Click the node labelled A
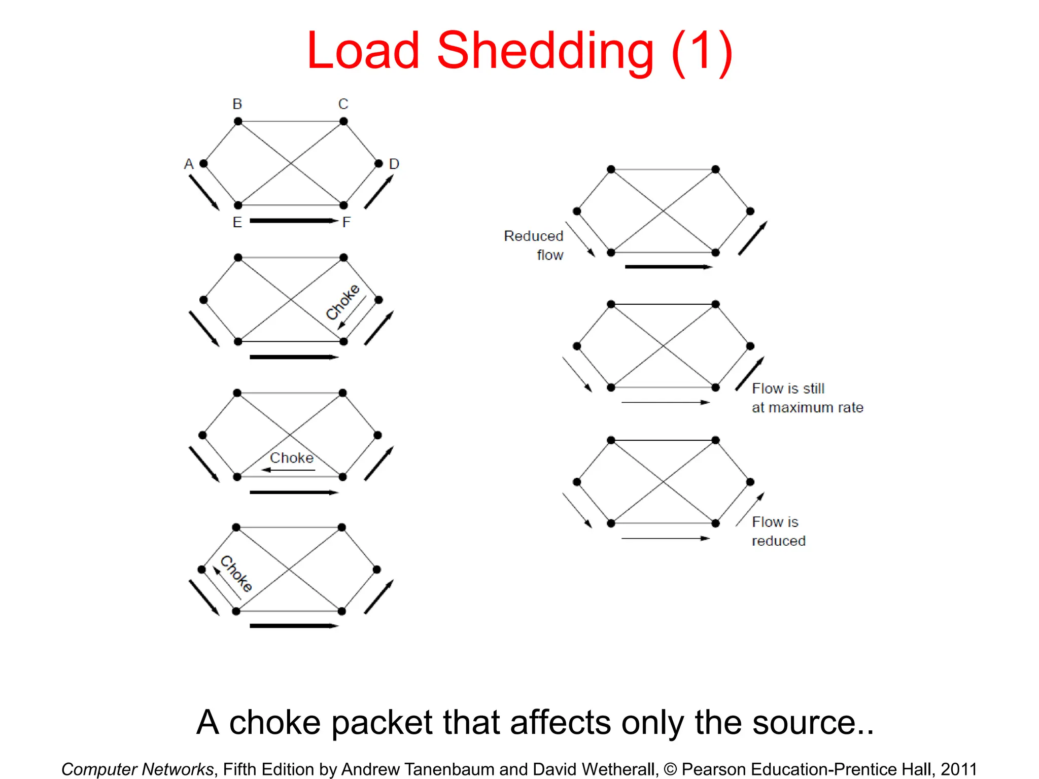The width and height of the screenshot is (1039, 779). pyautogui.click(x=203, y=163)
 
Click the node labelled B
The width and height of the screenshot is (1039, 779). pyautogui.click(x=238, y=121)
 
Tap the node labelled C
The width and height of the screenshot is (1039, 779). pyautogui.click(x=343, y=121)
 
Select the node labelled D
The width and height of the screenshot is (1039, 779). pyautogui.click(x=378, y=163)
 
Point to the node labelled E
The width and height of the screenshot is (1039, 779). pyautogui.click(x=238, y=205)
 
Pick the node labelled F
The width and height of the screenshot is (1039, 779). pyautogui.click(x=343, y=205)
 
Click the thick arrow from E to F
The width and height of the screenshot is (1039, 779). pyautogui.click(x=293, y=221)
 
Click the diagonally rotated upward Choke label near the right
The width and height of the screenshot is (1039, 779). pyautogui.click(x=342, y=302)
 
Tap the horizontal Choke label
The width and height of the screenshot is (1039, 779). pyautogui.click(x=292, y=458)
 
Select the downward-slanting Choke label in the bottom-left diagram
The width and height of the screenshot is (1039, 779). pyautogui.click(x=236, y=574)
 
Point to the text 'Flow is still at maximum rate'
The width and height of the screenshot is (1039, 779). pyautogui.click(x=807, y=398)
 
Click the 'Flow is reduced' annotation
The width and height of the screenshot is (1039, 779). pyautogui.click(x=778, y=532)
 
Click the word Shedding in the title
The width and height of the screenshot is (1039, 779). pyautogui.click(x=545, y=51)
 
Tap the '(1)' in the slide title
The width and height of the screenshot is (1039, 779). pyautogui.click(x=702, y=51)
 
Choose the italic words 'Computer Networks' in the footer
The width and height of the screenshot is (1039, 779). pyautogui.click(x=137, y=769)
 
